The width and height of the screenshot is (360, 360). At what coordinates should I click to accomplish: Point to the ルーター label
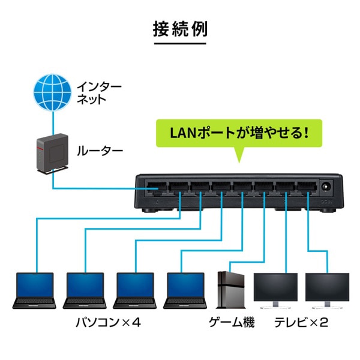click(99, 151)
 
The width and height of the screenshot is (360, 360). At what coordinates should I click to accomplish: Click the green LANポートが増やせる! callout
click(239, 130)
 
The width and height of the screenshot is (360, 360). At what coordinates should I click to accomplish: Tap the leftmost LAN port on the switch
click(158, 187)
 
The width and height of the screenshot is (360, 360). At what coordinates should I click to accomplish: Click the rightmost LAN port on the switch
click(305, 187)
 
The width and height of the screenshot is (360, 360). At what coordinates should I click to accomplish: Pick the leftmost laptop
click(34, 290)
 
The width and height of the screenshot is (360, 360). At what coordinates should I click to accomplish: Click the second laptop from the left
click(84, 290)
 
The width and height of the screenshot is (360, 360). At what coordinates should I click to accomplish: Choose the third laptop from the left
click(134, 290)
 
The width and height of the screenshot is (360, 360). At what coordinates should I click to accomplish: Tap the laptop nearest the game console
click(184, 290)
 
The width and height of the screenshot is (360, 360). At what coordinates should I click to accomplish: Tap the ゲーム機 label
click(232, 323)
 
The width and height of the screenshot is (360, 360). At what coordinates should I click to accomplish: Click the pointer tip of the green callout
click(239, 161)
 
